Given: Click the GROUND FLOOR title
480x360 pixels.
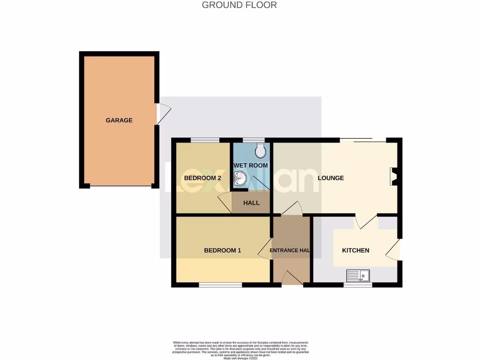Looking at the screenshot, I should pyautogui.click(x=239, y=5).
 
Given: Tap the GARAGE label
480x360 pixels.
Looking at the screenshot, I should pyautogui.click(x=119, y=120).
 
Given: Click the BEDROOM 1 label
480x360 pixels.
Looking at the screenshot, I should pyautogui.click(x=222, y=250).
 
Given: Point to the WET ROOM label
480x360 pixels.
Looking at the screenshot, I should pyautogui.click(x=250, y=165).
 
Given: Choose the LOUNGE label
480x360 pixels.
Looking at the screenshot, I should pyautogui.click(x=330, y=178).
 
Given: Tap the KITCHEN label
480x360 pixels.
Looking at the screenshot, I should pyautogui.click(x=355, y=250).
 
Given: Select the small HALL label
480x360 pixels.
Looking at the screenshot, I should pyautogui.click(x=251, y=203).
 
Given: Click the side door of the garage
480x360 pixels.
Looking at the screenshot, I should pyautogui.click(x=162, y=114).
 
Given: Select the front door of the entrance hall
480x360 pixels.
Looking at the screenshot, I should pyautogui.click(x=292, y=278).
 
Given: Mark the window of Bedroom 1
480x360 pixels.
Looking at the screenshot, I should pyautogui.click(x=220, y=285).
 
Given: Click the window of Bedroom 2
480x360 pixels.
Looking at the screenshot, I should pyautogui.click(x=205, y=140).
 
